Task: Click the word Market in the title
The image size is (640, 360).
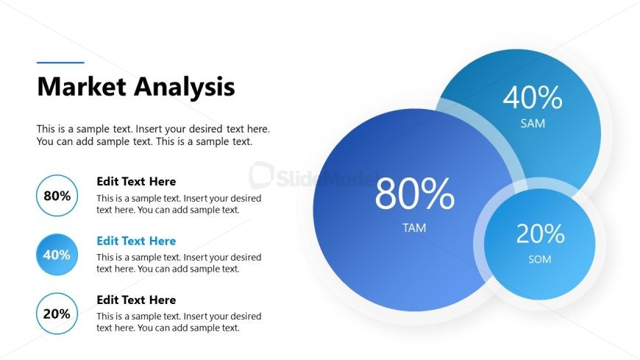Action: tap(82, 87)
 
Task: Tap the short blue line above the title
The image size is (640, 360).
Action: tap(60, 63)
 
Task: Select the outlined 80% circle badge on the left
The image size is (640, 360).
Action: tap(57, 196)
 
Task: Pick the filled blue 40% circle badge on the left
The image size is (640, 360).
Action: tap(57, 255)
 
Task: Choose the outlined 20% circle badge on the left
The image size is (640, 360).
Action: tap(57, 314)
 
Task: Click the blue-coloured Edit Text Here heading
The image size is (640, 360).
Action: tap(136, 241)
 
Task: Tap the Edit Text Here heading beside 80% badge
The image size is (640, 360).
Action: tap(136, 182)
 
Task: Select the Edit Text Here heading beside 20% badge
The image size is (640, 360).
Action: tap(136, 300)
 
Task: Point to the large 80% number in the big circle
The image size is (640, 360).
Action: tap(414, 195)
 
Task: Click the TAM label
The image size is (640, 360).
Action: tap(414, 228)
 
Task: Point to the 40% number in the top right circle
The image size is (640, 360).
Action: tap(533, 97)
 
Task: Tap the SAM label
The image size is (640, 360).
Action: tap(533, 124)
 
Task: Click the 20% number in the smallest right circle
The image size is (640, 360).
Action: tap(540, 233)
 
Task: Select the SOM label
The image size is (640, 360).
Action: tap(539, 259)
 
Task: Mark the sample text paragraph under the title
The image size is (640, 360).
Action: tap(153, 135)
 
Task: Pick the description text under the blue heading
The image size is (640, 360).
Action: tap(179, 263)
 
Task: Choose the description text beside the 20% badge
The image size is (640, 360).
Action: tap(179, 322)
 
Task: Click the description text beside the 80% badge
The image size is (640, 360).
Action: tap(179, 204)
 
